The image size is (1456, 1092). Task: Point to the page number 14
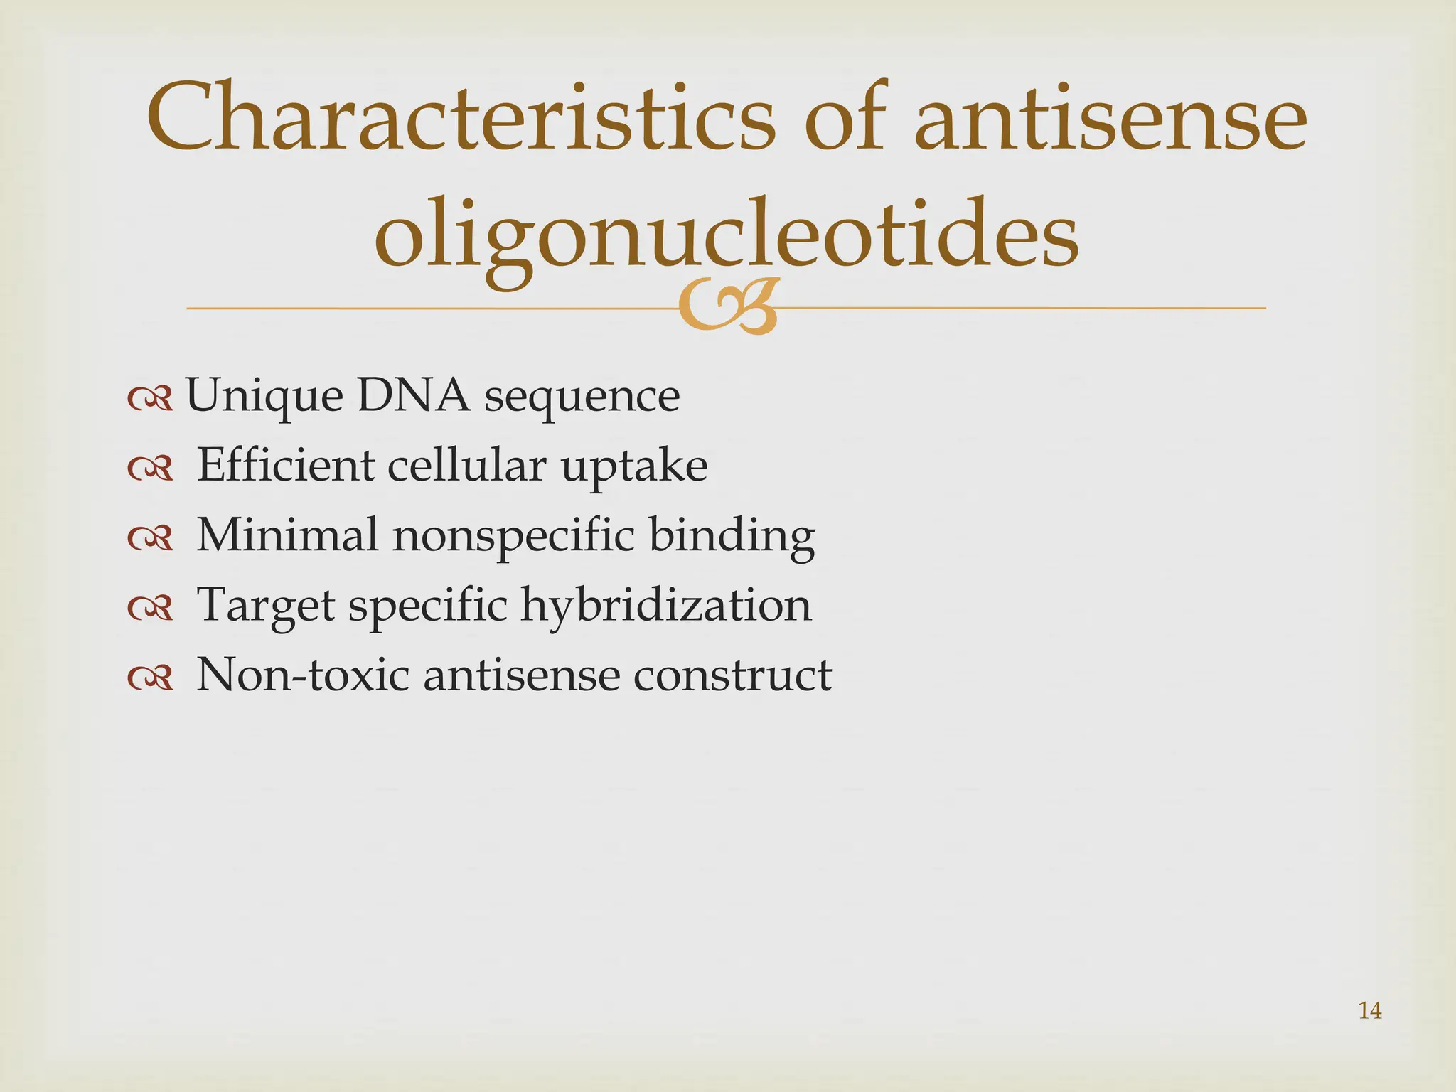[1369, 1010]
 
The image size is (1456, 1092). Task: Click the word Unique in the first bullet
[264, 397]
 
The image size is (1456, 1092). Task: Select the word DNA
[413, 395]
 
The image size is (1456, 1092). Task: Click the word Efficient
[285, 465]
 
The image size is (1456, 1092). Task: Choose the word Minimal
[287, 535]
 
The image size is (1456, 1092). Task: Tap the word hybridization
[665, 605]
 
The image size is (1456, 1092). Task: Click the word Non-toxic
[302, 675]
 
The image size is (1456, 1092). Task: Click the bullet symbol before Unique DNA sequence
[150, 400]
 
